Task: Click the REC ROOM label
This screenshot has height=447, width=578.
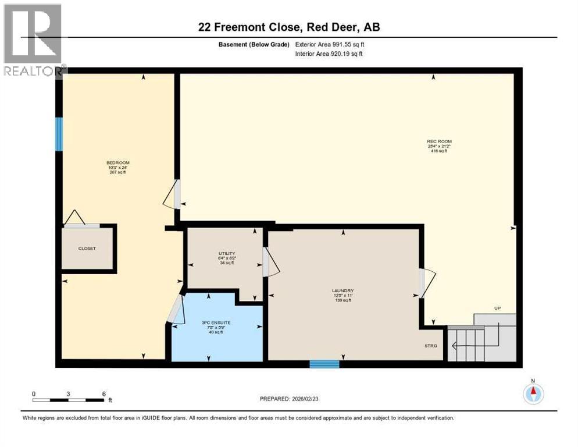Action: [x=439, y=141]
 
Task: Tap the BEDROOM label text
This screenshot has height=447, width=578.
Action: [x=117, y=162]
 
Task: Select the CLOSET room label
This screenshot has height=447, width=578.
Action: [x=87, y=249]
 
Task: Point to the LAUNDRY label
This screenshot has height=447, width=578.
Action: [x=343, y=291]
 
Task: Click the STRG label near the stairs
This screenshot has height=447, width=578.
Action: [x=430, y=346]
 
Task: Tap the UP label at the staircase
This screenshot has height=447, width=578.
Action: [x=497, y=308]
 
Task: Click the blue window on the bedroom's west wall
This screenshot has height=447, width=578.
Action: [x=59, y=134]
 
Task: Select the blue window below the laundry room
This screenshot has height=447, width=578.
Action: [x=324, y=364]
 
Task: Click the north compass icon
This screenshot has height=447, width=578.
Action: [x=533, y=393]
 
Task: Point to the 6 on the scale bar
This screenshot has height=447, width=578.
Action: [x=104, y=393]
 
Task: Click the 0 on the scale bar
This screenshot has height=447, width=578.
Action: [x=34, y=393]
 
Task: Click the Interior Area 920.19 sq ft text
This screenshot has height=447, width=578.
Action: [x=330, y=54]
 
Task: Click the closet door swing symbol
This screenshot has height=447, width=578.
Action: [x=74, y=218]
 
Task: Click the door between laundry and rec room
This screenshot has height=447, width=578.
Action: [x=426, y=283]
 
